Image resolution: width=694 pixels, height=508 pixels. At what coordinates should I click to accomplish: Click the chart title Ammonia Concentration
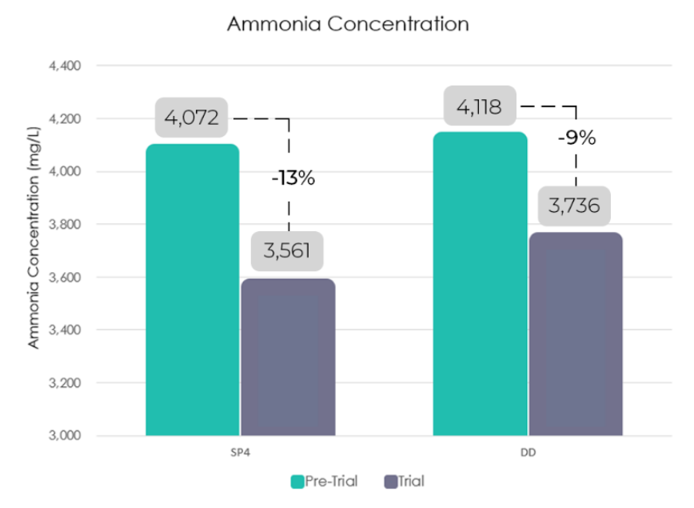347,24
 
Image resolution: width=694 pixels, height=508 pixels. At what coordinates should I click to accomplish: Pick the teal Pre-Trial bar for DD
481,284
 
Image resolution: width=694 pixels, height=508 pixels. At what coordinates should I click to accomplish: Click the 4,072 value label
192,118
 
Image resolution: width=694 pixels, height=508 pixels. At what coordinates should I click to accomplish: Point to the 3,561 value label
288,250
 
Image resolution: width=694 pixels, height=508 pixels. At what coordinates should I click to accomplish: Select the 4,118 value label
479,106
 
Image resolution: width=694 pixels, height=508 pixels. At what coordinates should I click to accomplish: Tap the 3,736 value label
575,206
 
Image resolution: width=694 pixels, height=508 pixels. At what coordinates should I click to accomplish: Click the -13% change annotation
293,178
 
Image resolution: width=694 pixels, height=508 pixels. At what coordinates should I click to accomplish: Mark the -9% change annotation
576,138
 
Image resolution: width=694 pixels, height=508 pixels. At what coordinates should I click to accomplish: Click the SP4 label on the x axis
241,453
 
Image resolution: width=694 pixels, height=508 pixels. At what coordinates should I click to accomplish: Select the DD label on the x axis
528,453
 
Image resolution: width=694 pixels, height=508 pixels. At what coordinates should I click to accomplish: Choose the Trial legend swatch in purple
392,482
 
